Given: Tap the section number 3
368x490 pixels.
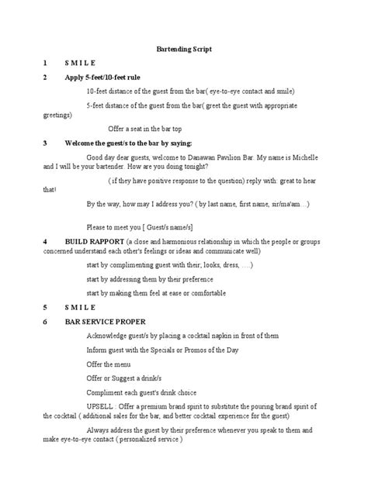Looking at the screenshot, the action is click(46, 143).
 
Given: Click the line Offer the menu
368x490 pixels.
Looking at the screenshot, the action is click(109, 364).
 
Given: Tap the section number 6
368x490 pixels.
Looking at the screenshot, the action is click(46, 320).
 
